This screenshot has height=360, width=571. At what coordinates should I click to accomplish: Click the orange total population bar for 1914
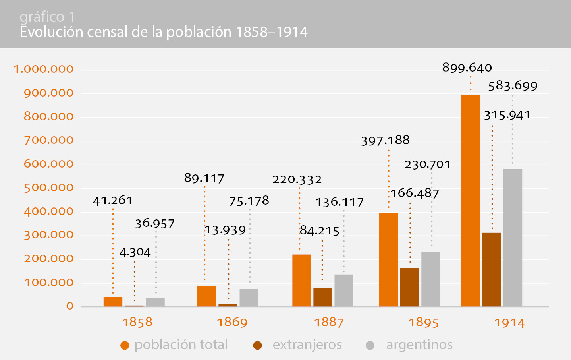coord(471,201)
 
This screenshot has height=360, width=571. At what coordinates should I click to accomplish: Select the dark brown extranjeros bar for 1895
coord(410,287)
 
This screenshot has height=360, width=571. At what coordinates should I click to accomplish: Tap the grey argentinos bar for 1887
coord(344,290)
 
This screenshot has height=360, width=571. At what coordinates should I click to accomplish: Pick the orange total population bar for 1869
coord(207,296)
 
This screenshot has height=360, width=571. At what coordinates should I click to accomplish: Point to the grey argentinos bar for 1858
coord(155,302)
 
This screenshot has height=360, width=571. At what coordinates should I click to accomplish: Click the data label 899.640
coord(467,68)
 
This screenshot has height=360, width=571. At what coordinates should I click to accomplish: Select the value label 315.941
coord(507,115)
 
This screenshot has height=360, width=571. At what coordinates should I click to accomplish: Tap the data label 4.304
coord(135,252)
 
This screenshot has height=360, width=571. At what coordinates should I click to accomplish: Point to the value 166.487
coord(415,194)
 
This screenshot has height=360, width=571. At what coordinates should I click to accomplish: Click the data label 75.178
coord(249,201)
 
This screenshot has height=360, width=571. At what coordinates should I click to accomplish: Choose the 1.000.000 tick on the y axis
coord(44,69)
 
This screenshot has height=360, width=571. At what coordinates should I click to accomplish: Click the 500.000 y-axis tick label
coord(49,188)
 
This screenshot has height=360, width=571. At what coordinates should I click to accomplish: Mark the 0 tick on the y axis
coord(70,306)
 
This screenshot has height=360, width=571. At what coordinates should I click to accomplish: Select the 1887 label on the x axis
coord(329,322)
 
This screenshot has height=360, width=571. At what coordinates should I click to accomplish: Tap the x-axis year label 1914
coord(509,323)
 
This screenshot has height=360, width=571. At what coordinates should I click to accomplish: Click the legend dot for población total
coord(125,345)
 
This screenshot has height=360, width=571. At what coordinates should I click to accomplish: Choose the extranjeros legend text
coord(307,345)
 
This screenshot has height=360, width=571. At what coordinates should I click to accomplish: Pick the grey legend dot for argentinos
coord(370,345)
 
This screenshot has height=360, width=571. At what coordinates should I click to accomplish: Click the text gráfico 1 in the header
coord(47,17)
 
